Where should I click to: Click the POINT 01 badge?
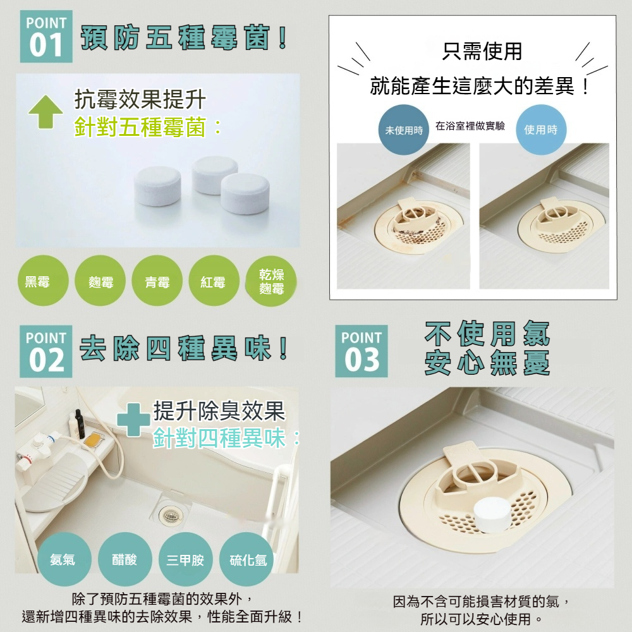tap(46, 37)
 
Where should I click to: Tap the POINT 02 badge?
tap(46, 351)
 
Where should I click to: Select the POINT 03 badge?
tap(361, 351)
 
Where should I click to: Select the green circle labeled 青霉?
tap(157, 281)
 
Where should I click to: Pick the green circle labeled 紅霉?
tap(213, 281)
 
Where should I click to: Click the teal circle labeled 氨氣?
tap(63, 559)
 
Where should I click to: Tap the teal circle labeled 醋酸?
tap(124, 559)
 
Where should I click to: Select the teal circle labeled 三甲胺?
tap(185, 559)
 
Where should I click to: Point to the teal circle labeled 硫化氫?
tap(247, 559)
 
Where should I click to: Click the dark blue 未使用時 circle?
tap(404, 130)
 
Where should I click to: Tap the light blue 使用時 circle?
tap(541, 130)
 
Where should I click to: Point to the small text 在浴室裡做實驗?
tap(470, 126)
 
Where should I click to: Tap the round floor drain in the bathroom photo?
tap(169, 516)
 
